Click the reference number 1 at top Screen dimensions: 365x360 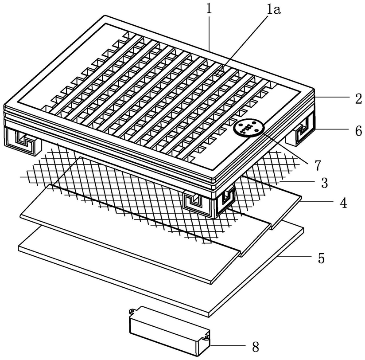209,9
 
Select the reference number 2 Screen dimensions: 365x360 358,98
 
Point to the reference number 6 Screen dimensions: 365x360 358,131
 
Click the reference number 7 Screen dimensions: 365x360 318,165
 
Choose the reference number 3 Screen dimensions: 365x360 325,183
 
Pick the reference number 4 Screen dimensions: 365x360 343,203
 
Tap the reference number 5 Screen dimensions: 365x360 322,258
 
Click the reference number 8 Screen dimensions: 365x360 255,348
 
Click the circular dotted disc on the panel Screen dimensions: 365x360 249,127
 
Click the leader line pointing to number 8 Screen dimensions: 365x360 228,345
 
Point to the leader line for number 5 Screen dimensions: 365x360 295,256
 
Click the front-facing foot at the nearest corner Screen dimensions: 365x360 200,203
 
